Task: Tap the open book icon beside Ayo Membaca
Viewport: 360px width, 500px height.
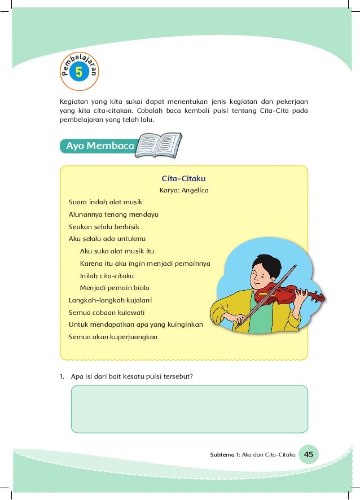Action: click(x=160, y=145)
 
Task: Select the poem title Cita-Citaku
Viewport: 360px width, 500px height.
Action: click(x=183, y=179)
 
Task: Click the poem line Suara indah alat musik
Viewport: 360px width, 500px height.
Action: click(x=106, y=202)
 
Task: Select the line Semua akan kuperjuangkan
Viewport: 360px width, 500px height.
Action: click(x=113, y=337)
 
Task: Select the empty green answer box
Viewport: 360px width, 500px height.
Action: click(x=189, y=409)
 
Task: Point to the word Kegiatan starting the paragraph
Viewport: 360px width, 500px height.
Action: click(x=73, y=102)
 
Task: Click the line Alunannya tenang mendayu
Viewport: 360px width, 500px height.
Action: click(x=113, y=214)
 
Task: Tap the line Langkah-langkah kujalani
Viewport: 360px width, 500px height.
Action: click(x=111, y=300)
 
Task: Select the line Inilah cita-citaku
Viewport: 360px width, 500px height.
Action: click(x=107, y=275)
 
